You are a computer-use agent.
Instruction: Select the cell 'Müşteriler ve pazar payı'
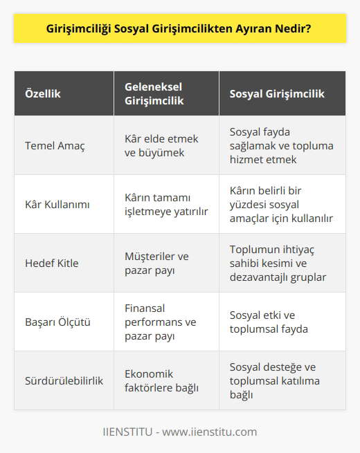pos(157,263)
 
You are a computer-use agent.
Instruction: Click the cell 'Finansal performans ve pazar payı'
pos(161,322)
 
